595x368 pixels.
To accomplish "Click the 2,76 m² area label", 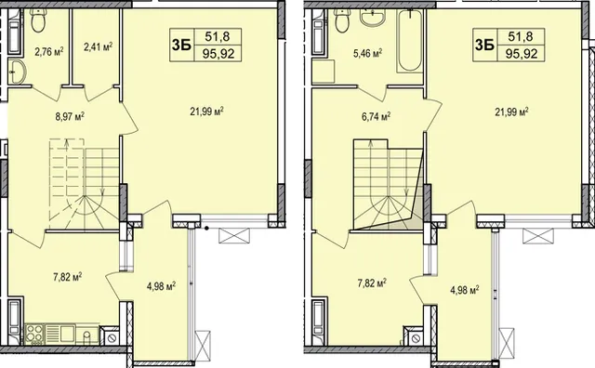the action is coord(48,51).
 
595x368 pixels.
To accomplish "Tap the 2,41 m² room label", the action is coord(98,47).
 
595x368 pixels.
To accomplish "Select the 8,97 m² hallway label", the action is coord(70,116).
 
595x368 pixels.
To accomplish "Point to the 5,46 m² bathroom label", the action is coord(367,54).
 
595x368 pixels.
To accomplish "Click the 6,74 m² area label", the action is coord(377,117).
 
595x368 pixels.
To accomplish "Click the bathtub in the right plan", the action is coord(410,41).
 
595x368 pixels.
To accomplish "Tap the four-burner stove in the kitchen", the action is coord(35,334).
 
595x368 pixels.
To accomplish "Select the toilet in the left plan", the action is coord(38,20).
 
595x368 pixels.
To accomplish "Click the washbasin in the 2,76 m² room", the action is coord(17,72).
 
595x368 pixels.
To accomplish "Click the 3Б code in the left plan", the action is coord(181,45).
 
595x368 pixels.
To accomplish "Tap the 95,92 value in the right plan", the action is coord(522,54).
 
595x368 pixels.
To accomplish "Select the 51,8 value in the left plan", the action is coord(218,36).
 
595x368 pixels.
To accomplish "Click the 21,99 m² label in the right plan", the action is coord(512,112).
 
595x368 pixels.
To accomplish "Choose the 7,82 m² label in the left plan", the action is coord(68,277).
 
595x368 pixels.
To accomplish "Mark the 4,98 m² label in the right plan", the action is coord(464,291).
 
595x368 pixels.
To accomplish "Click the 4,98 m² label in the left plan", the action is coord(161,285).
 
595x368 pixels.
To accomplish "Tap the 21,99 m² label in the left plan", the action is coord(206,112).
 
